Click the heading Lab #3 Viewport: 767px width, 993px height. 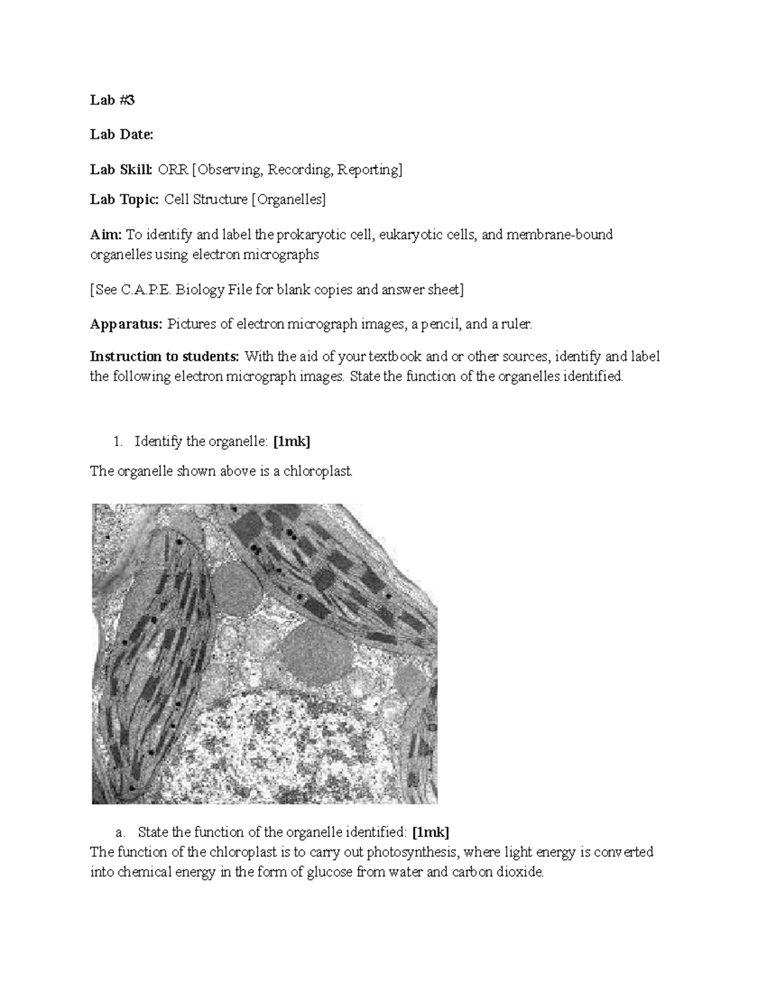point(112,100)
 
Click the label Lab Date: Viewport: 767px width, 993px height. point(121,134)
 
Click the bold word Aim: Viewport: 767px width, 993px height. point(105,235)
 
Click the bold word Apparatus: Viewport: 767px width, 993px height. point(127,324)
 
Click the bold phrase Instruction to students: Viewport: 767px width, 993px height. point(166,356)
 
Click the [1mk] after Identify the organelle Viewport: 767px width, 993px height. point(291,441)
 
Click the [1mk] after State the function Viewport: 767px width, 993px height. point(431,832)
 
